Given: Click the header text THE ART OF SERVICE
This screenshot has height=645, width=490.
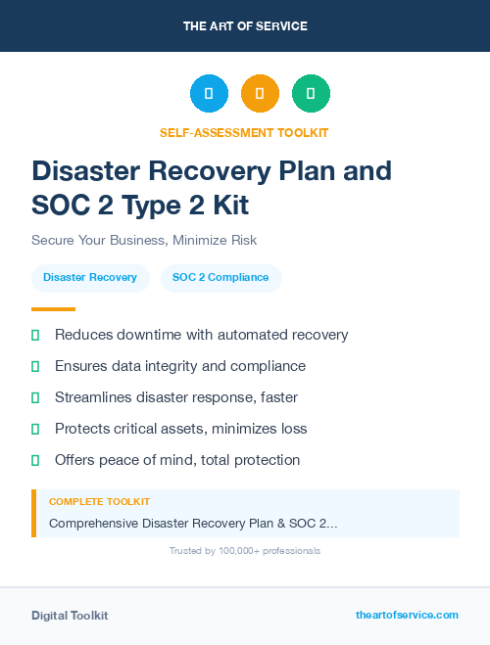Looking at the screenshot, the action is click(x=245, y=25).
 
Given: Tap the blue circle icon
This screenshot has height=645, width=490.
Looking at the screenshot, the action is click(x=209, y=94).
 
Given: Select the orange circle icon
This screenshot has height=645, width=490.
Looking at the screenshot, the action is click(x=260, y=94).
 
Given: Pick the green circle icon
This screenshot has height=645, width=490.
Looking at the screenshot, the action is click(x=311, y=94).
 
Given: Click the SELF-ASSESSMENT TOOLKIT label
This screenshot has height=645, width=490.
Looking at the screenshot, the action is click(x=245, y=132).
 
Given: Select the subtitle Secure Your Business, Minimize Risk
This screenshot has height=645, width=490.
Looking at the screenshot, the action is click(x=144, y=240).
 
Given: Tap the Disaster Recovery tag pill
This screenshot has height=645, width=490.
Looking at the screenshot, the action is click(x=90, y=278).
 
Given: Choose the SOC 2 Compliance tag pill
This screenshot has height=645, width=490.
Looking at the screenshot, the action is click(x=220, y=278).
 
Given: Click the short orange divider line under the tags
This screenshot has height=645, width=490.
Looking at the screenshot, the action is click(x=53, y=309).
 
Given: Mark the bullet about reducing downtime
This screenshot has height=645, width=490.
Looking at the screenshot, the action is click(x=201, y=335).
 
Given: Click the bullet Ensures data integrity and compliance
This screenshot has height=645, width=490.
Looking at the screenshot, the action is click(x=180, y=366).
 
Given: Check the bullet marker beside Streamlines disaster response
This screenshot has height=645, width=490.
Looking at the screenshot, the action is click(x=35, y=397).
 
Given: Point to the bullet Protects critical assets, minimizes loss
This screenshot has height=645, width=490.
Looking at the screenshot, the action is click(x=180, y=429).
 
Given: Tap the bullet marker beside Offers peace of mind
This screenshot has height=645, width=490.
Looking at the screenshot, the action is click(x=35, y=460).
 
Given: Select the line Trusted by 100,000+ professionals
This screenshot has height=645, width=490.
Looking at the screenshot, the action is click(x=245, y=551).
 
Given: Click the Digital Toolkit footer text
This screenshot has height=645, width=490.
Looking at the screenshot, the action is click(x=70, y=616).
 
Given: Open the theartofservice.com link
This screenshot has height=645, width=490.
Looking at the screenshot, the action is click(x=407, y=615).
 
